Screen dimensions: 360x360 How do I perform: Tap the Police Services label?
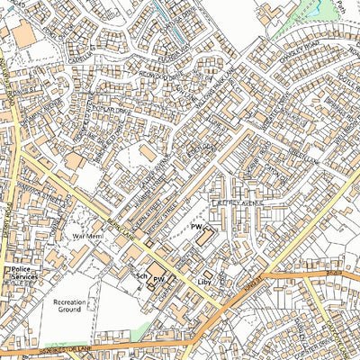pos(21,274)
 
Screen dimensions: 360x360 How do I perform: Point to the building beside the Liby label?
pos(208,274)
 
